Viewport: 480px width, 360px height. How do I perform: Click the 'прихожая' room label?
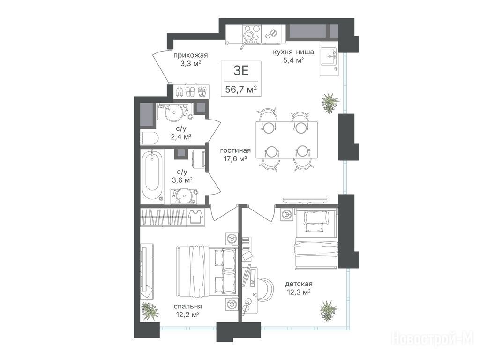click(x=191, y=55)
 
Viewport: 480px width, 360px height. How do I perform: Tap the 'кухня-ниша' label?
click(x=293, y=52)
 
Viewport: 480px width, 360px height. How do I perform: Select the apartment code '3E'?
click(x=241, y=71)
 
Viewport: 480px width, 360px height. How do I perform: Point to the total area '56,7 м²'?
click(x=241, y=90)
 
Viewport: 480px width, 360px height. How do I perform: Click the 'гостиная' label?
click(x=235, y=150)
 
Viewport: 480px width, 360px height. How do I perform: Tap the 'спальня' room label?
click(x=187, y=307)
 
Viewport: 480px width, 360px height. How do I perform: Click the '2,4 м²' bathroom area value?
click(x=181, y=136)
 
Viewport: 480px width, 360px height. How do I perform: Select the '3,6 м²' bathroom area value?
click(x=182, y=180)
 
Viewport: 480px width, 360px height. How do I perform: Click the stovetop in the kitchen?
click(x=252, y=33)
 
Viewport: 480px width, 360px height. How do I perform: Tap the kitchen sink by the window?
click(x=329, y=56)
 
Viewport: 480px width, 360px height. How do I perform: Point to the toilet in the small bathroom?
click(x=149, y=139)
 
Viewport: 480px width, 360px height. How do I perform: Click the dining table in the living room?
click(x=286, y=140)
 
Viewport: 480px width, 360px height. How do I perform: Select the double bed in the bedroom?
click(x=207, y=271)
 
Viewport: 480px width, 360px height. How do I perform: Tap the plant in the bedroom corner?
click(x=150, y=311)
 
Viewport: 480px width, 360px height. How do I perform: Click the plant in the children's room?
click(x=329, y=310)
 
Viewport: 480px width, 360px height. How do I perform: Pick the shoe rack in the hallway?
click(x=191, y=91)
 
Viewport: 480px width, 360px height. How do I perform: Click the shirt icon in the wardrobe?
click(x=195, y=217)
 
